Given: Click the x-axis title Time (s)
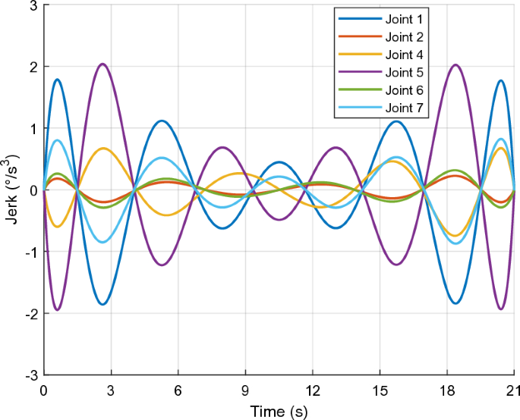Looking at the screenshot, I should click(279, 412).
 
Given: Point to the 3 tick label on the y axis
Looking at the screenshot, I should click(33, 5).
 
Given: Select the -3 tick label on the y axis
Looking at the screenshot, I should click(30, 375).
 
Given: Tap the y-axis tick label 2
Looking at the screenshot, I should click(33, 67).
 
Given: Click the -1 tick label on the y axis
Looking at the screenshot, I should click(30, 252).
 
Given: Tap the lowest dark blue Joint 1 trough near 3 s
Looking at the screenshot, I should click(102, 304).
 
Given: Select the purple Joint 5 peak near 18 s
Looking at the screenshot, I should click(455, 64).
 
